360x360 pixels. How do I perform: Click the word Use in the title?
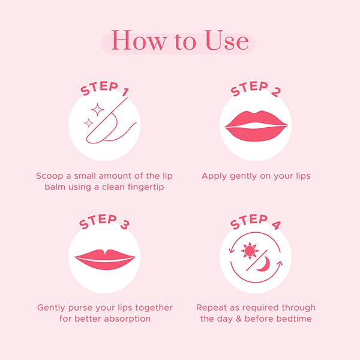pos(227,40)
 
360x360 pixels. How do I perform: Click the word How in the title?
pos(139,40)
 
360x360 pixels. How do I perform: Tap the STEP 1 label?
pos(104,89)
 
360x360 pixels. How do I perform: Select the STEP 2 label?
pos(256,89)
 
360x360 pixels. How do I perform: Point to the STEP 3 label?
pos(104,221)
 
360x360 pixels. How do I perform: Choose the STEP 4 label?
pos(256,221)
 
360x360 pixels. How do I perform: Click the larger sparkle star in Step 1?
pos(97,110)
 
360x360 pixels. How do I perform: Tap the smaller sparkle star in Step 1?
pos(89,123)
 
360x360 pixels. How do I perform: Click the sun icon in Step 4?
pos(250,251)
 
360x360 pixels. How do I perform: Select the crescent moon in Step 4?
pos(263,264)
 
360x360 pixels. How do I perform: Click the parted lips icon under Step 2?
pos(256,126)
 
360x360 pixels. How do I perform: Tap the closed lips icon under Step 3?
pos(105,259)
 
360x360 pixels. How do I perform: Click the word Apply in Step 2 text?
pos(214,176)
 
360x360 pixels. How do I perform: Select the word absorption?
pos(127,319)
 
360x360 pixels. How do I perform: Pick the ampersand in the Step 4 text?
pos(239,319)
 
